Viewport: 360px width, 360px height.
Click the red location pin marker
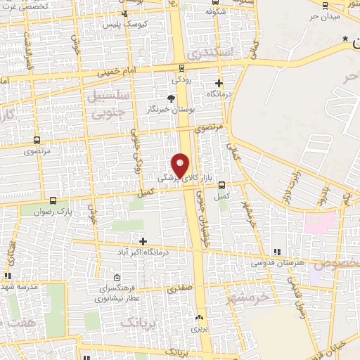(x=181, y=164)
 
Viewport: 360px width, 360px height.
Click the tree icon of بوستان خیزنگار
(x=172, y=99)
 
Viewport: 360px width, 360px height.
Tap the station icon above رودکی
(x=183, y=68)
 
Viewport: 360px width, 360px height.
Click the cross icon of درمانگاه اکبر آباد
(x=143, y=240)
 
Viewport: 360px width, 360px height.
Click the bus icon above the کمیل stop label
(x=222, y=186)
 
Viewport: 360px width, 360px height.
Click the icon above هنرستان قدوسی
(x=276, y=252)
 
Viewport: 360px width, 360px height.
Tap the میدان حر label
(x=325, y=15)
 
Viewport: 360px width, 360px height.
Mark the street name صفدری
(x=179, y=288)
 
